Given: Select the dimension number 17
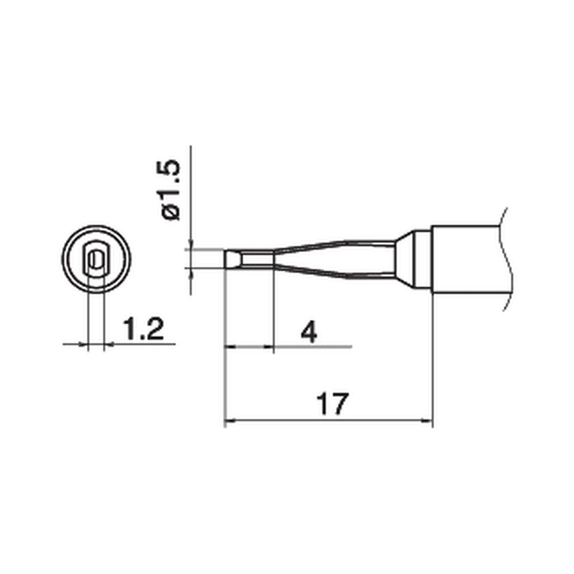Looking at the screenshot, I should [x=332, y=405].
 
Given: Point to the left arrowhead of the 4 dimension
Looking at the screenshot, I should [x=230, y=346].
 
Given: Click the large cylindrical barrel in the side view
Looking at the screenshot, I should [x=464, y=260].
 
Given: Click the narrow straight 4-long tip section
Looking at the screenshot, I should [x=257, y=260].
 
